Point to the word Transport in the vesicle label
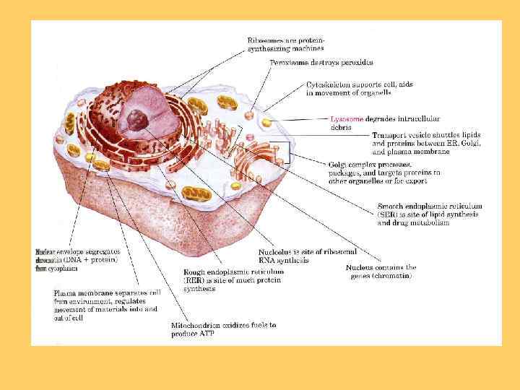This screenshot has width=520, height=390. click(389, 135)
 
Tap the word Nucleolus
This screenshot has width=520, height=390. click(278, 251)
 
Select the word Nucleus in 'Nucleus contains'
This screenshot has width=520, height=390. click(360, 268)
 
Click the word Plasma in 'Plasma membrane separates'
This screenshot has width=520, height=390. click(67, 293)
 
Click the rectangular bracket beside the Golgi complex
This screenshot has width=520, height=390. click(289, 152)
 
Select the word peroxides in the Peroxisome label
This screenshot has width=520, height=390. click(354, 63)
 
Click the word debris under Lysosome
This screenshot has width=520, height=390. click(341, 127)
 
